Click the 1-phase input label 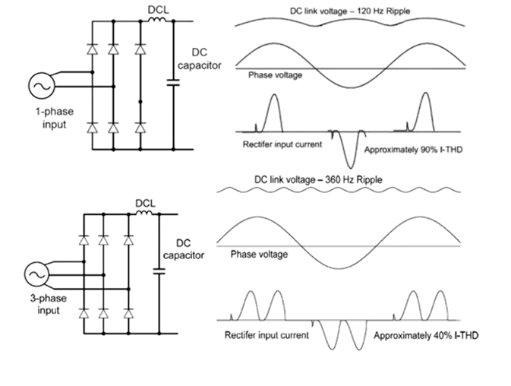[49, 118]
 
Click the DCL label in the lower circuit [145, 203]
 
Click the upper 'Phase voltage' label [276, 75]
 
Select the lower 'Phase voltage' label [259, 255]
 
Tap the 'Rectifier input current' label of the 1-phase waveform [278, 143]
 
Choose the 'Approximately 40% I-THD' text [425, 334]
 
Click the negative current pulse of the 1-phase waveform [349, 151]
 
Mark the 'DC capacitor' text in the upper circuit [200, 61]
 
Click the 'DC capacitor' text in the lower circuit [185, 248]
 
